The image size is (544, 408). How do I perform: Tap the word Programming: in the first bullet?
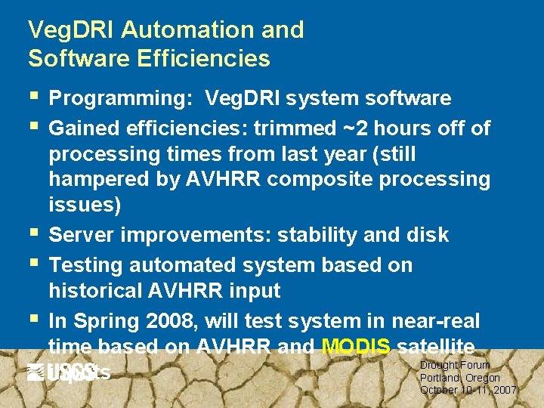click(121, 99)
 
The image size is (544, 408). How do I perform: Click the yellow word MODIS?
click(356, 347)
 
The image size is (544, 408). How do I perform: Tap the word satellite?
click(435, 347)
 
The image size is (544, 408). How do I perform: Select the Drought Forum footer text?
click(455, 365)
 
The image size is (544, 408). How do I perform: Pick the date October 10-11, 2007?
click(468, 390)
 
